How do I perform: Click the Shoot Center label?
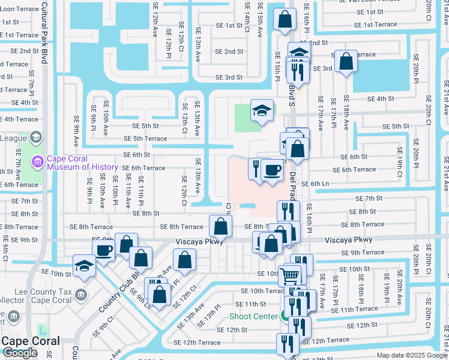(253, 316)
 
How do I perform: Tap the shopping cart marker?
(289, 275)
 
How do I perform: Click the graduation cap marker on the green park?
(262, 111)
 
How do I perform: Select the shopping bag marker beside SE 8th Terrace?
(220, 227)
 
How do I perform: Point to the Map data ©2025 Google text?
(411, 355)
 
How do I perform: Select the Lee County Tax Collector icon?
(81, 295)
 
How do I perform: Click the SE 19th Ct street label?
(399, 157)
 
